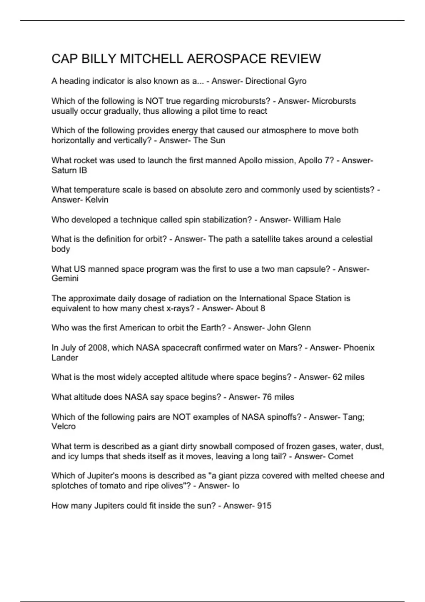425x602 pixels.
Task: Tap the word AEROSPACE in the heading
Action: click(x=226, y=59)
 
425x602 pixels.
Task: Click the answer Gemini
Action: click(x=65, y=279)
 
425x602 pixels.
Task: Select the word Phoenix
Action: click(x=359, y=348)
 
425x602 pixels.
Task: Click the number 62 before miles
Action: click(x=337, y=377)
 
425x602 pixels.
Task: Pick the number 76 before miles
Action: click(x=267, y=397)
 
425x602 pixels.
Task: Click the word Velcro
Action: click(x=63, y=426)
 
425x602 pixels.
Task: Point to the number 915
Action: click(x=264, y=506)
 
